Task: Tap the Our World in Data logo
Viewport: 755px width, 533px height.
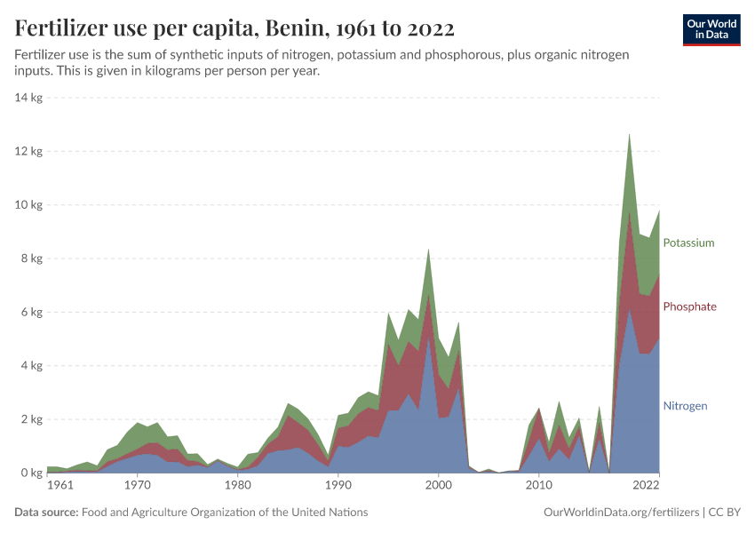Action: (711, 29)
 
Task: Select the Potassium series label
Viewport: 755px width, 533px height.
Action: (688, 243)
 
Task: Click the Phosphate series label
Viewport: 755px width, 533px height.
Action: (689, 306)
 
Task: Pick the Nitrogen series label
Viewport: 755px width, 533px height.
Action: (685, 406)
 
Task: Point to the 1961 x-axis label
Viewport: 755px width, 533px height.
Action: (60, 486)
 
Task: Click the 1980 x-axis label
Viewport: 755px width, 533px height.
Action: (237, 486)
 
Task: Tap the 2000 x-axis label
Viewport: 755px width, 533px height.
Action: (438, 486)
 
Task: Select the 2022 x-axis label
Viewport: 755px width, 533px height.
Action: (646, 486)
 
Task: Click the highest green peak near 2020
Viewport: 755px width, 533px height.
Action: (629, 135)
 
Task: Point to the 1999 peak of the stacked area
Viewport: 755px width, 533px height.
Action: (428, 251)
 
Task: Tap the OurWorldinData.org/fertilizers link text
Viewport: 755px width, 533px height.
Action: (620, 513)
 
